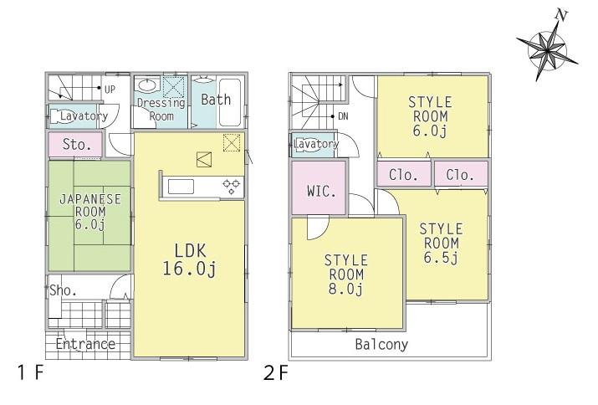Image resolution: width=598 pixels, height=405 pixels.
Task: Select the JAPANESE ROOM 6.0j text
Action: point(90,213)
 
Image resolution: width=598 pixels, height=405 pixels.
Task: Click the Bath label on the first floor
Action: point(216,100)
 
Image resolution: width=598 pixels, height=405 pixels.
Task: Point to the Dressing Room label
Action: point(161,110)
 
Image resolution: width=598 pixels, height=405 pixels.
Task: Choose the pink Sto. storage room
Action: point(76,144)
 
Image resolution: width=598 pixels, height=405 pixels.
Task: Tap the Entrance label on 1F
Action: point(85,344)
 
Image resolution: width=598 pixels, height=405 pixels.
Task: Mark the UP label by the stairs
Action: point(110,88)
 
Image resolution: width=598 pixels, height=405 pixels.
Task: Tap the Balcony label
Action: point(381,344)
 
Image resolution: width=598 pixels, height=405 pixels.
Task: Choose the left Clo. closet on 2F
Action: point(405,175)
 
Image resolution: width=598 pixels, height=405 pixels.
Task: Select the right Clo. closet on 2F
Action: point(461,175)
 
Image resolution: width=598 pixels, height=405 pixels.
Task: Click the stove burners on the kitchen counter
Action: point(232,185)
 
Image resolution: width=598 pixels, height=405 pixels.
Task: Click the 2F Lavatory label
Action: point(316,144)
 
